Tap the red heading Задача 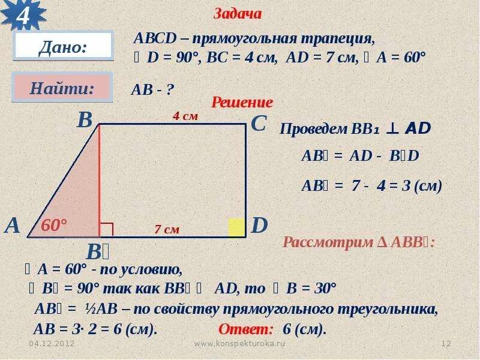coord(238,14)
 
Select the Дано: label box coord(63,46)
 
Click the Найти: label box coord(62,88)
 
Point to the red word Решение coord(242,103)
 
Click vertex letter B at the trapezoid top coord(85,121)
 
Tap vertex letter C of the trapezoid coord(259,124)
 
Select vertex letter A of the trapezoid coord(13,226)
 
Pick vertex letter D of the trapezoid coord(259,226)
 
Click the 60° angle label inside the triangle coord(54,226)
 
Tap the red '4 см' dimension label coord(185,117)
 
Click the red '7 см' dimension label coord(167,229)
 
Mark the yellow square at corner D coord(236,227)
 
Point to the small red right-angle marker coord(106,230)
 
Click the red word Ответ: coord(245,329)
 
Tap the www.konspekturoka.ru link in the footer coord(240,344)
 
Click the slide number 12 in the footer coord(446,344)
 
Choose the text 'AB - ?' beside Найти coord(152,90)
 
